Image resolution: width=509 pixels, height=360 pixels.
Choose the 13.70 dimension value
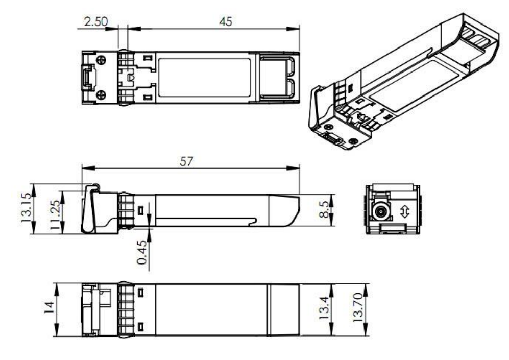tap(360, 310)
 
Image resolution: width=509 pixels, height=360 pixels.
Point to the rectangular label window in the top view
tap(204, 77)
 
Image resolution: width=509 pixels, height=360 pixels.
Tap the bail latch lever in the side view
tap(90, 209)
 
